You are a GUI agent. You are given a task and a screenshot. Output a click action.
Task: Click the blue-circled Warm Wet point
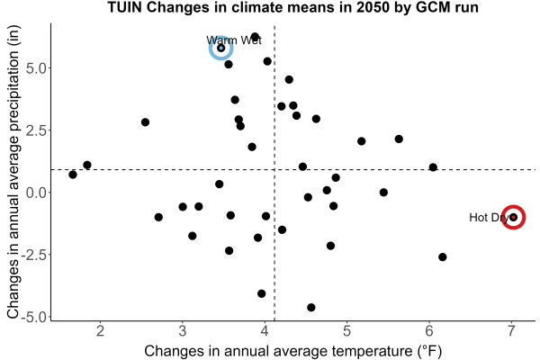tap(221, 48)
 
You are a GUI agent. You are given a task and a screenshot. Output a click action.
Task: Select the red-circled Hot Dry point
tap(513, 217)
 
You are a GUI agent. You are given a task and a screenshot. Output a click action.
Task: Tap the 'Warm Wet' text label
tap(234, 40)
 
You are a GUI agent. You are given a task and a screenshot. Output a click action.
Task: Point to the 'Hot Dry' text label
tap(489, 218)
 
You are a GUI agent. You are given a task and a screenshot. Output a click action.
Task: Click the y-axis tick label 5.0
tap(36, 68)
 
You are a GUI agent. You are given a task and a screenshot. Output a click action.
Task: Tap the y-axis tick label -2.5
tap(33, 255)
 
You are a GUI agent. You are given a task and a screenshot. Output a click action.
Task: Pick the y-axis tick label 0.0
tap(36, 193)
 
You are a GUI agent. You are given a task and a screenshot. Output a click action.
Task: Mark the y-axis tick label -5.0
tap(33, 317)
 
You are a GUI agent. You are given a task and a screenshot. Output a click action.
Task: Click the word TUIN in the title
tap(125, 7)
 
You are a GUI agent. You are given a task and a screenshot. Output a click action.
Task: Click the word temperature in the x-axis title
tap(373, 351)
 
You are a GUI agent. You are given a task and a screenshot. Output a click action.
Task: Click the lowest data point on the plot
tap(311, 307)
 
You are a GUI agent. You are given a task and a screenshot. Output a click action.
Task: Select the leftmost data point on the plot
tap(73, 175)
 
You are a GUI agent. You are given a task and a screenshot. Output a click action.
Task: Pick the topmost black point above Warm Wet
tap(255, 37)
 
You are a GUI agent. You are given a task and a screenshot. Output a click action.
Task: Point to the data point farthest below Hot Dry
tap(443, 257)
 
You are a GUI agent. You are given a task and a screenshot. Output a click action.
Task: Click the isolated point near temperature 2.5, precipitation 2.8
tap(145, 122)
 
